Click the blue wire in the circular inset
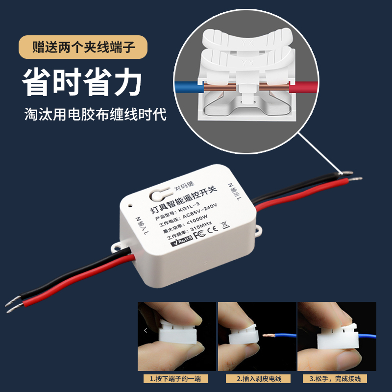186,88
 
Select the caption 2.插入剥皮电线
257,379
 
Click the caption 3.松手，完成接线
336,379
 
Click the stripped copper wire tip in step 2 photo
268,337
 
